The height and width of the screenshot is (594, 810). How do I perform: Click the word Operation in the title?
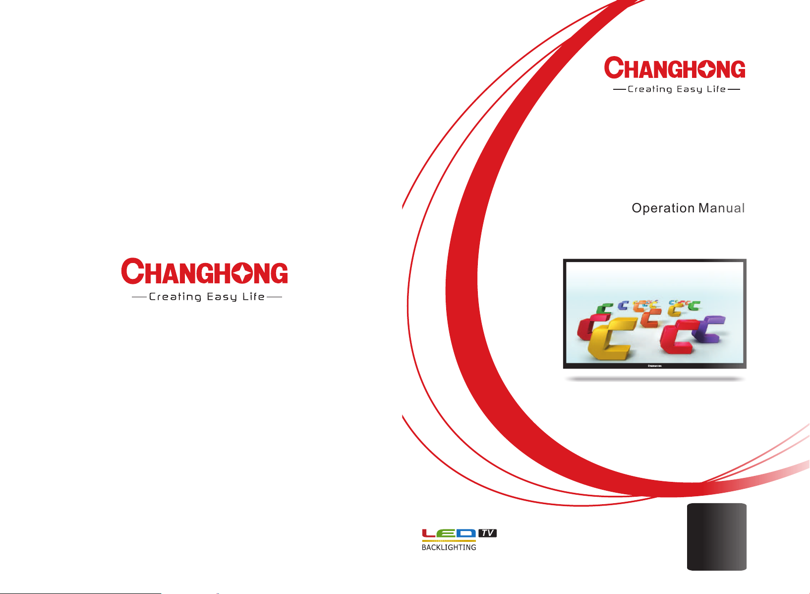663,208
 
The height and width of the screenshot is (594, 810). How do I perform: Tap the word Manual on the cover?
721,208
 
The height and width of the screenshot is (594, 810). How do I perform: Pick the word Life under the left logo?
253,296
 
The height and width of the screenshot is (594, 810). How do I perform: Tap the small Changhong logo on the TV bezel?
654,366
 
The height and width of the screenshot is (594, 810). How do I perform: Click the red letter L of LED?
429,533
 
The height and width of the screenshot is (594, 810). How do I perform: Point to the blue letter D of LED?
466,533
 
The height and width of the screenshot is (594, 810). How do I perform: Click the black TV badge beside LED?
487,533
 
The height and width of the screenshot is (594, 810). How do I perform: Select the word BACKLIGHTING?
449,547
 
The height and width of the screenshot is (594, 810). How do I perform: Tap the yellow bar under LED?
449,540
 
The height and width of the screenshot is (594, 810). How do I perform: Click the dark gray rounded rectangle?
716,536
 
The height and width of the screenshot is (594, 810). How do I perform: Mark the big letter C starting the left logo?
133,271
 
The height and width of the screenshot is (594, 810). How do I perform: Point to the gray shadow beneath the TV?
655,379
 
